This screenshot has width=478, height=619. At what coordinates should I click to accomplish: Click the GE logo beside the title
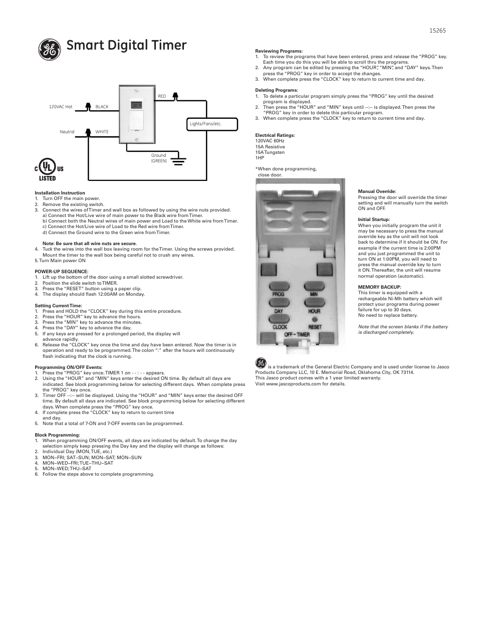pyautogui.click(x=49, y=49)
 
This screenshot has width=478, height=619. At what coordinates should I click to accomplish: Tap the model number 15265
pyautogui.click(x=437, y=31)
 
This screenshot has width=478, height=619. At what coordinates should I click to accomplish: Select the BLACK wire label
pyautogui.click(x=102, y=107)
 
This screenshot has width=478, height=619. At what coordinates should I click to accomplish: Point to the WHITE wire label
pyautogui.click(x=102, y=132)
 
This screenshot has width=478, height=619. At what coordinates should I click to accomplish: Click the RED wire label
pyautogui.click(x=162, y=96)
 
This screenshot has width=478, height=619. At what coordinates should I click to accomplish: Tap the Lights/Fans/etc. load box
pyautogui.click(x=212, y=124)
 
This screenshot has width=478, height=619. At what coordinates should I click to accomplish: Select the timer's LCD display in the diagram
pyautogui.click(x=136, y=106)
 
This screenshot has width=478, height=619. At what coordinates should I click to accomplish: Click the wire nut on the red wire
pyautogui.click(x=175, y=96)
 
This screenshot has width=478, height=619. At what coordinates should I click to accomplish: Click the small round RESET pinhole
pyautogui.click(x=315, y=319)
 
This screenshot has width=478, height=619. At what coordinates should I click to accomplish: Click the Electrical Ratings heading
pyautogui.click(x=275, y=135)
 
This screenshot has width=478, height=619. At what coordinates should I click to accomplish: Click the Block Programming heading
pyautogui.click(x=57, y=435)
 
